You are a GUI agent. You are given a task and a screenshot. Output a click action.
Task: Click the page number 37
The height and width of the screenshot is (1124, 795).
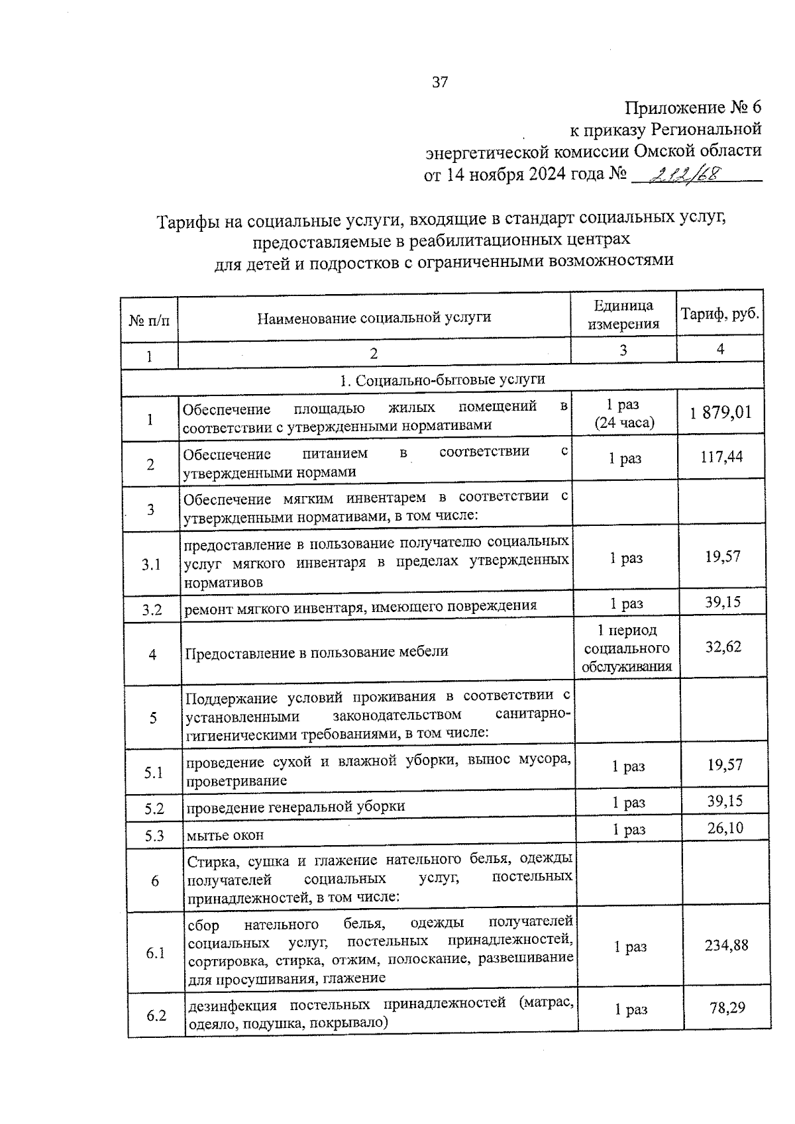pos(440,82)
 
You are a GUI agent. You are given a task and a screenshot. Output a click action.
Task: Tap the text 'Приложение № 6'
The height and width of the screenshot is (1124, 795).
pos(694,107)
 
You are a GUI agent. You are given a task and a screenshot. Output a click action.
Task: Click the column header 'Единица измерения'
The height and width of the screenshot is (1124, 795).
pos(623,315)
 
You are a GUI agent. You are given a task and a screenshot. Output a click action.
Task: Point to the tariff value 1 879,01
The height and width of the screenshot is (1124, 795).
pos(721,413)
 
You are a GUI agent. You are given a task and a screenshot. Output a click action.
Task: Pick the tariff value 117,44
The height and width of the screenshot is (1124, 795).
pos(721,456)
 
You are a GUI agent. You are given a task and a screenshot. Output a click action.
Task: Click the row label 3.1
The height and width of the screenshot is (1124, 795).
pos(151,564)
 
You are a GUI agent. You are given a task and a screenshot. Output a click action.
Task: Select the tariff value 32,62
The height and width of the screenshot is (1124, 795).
pos(723,646)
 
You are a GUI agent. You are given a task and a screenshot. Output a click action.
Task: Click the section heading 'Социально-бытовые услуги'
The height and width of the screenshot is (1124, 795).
pos(442,380)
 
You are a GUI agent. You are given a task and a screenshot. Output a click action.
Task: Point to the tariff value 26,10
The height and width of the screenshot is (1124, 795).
pos(725,828)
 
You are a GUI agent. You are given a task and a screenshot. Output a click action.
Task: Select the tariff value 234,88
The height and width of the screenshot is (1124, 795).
pos(726,946)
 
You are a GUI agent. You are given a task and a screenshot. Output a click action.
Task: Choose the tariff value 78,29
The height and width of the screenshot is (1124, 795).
pos(727,1008)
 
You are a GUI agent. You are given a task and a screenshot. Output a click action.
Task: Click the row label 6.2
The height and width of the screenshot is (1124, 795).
pos(156,1015)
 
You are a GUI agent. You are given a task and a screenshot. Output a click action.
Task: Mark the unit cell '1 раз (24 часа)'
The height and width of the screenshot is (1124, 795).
pos(623,415)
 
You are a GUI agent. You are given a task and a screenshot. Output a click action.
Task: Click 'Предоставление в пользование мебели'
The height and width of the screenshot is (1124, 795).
pos(317,652)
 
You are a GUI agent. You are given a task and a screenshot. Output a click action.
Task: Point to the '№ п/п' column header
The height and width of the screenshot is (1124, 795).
pos(149,321)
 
